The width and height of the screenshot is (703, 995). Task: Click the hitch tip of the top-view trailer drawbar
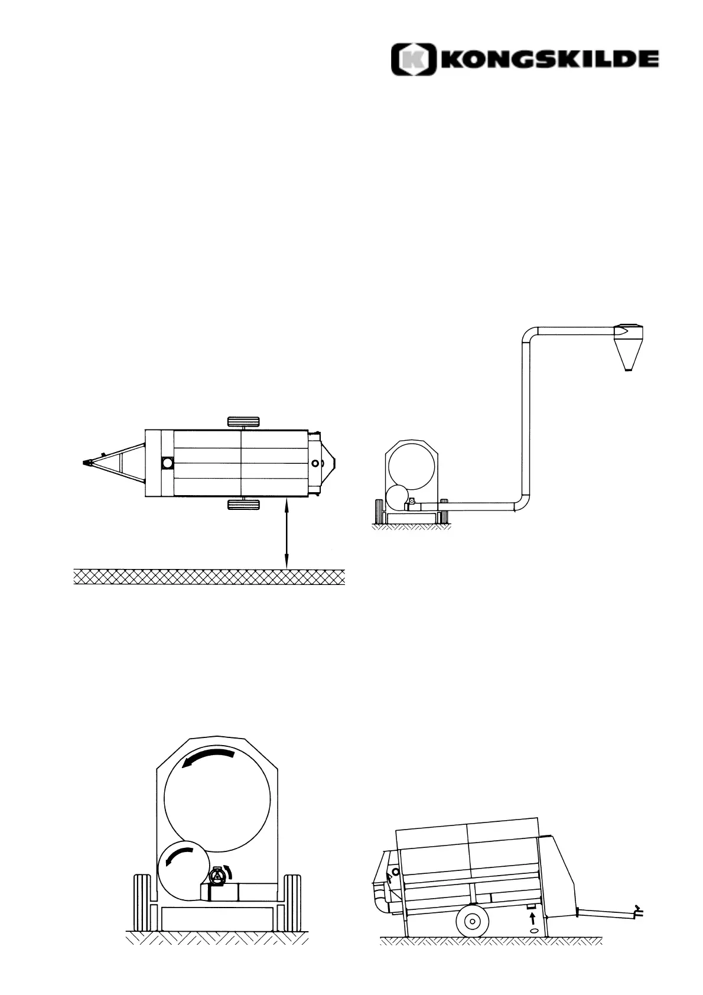coord(87,463)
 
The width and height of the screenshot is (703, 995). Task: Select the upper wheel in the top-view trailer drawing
coord(243,422)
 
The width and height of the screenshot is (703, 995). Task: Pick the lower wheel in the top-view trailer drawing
coord(243,504)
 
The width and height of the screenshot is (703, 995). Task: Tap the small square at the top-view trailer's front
coord(167,463)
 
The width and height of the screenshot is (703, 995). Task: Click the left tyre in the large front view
coord(143,902)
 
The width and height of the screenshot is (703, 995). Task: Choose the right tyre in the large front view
coord(292,902)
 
